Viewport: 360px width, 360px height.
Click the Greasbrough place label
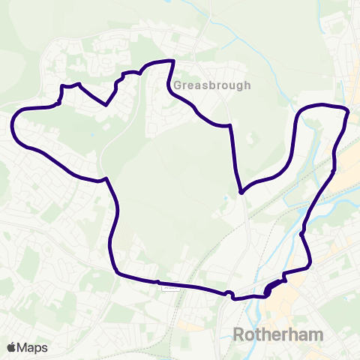pyautogui.click(x=212, y=85)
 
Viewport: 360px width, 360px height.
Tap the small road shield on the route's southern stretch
pyautogui.click(x=169, y=284)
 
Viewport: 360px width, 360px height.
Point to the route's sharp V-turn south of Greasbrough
pyautogui.click(x=241, y=192)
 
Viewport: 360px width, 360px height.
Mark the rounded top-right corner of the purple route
pyautogui.click(x=346, y=112)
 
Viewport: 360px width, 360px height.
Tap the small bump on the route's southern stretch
pyautogui.click(x=229, y=293)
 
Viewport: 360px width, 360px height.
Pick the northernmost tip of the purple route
pyautogui.click(x=173, y=61)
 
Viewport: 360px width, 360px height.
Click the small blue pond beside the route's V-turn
pyautogui.click(x=226, y=199)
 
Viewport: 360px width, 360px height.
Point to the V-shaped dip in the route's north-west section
pyautogui.click(x=107, y=105)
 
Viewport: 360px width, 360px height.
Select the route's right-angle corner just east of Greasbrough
pyautogui.click(x=229, y=127)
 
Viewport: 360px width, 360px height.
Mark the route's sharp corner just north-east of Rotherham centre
pyautogui.click(x=309, y=266)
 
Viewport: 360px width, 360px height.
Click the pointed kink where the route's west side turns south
pyautogui.click(x=107, y=178)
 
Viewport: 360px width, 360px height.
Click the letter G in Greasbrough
pyautogui.click(x=178, y=85)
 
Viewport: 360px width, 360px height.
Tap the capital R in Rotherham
pyautogui.click(x=239, y=334)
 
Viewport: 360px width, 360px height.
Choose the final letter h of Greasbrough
pyautogui.click(x=247, y=85)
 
